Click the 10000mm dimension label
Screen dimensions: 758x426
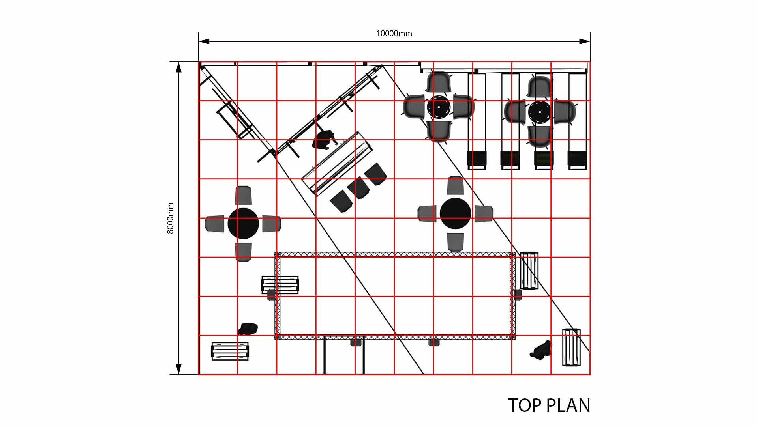[x=394, y=34]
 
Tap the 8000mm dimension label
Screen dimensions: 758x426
[x=170, y=218]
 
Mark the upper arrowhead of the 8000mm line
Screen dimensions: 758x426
[x=178, y=67]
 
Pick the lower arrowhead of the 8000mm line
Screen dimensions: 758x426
[x=178, y=369]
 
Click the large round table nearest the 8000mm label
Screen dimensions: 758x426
[x=243, y=223]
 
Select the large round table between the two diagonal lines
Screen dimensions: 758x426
[x=455, y=213]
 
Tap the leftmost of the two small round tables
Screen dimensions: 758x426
[x=439, y=106]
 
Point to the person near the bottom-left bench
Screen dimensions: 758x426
[x=248, y=329]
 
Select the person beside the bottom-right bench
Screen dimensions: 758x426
[x=541, y=350]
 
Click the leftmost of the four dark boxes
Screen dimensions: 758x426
[x=477, y=159]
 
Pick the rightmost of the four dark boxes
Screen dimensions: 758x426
[x=577, y=159]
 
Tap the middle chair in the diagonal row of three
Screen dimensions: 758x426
[x=359, y=188]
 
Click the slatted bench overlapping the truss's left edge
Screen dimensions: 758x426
[x=280, y=285]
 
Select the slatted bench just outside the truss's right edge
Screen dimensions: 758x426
[x=529, y=271]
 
